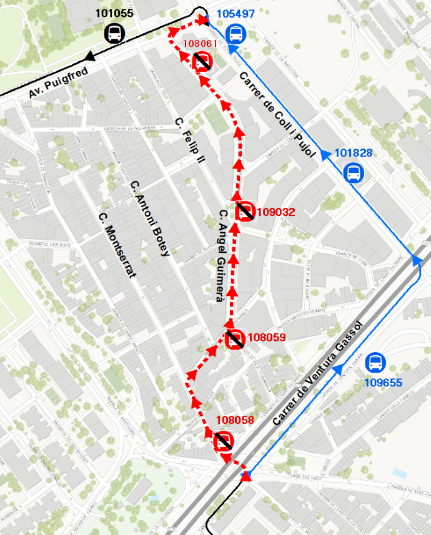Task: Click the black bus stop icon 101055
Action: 115,33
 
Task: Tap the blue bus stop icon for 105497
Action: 235,34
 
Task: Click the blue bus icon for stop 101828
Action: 353,173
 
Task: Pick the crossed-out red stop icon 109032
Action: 245,212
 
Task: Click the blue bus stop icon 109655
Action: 375,362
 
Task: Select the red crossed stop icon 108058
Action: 224,441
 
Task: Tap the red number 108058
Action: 235,420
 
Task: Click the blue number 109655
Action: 383,383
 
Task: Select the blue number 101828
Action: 354,153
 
